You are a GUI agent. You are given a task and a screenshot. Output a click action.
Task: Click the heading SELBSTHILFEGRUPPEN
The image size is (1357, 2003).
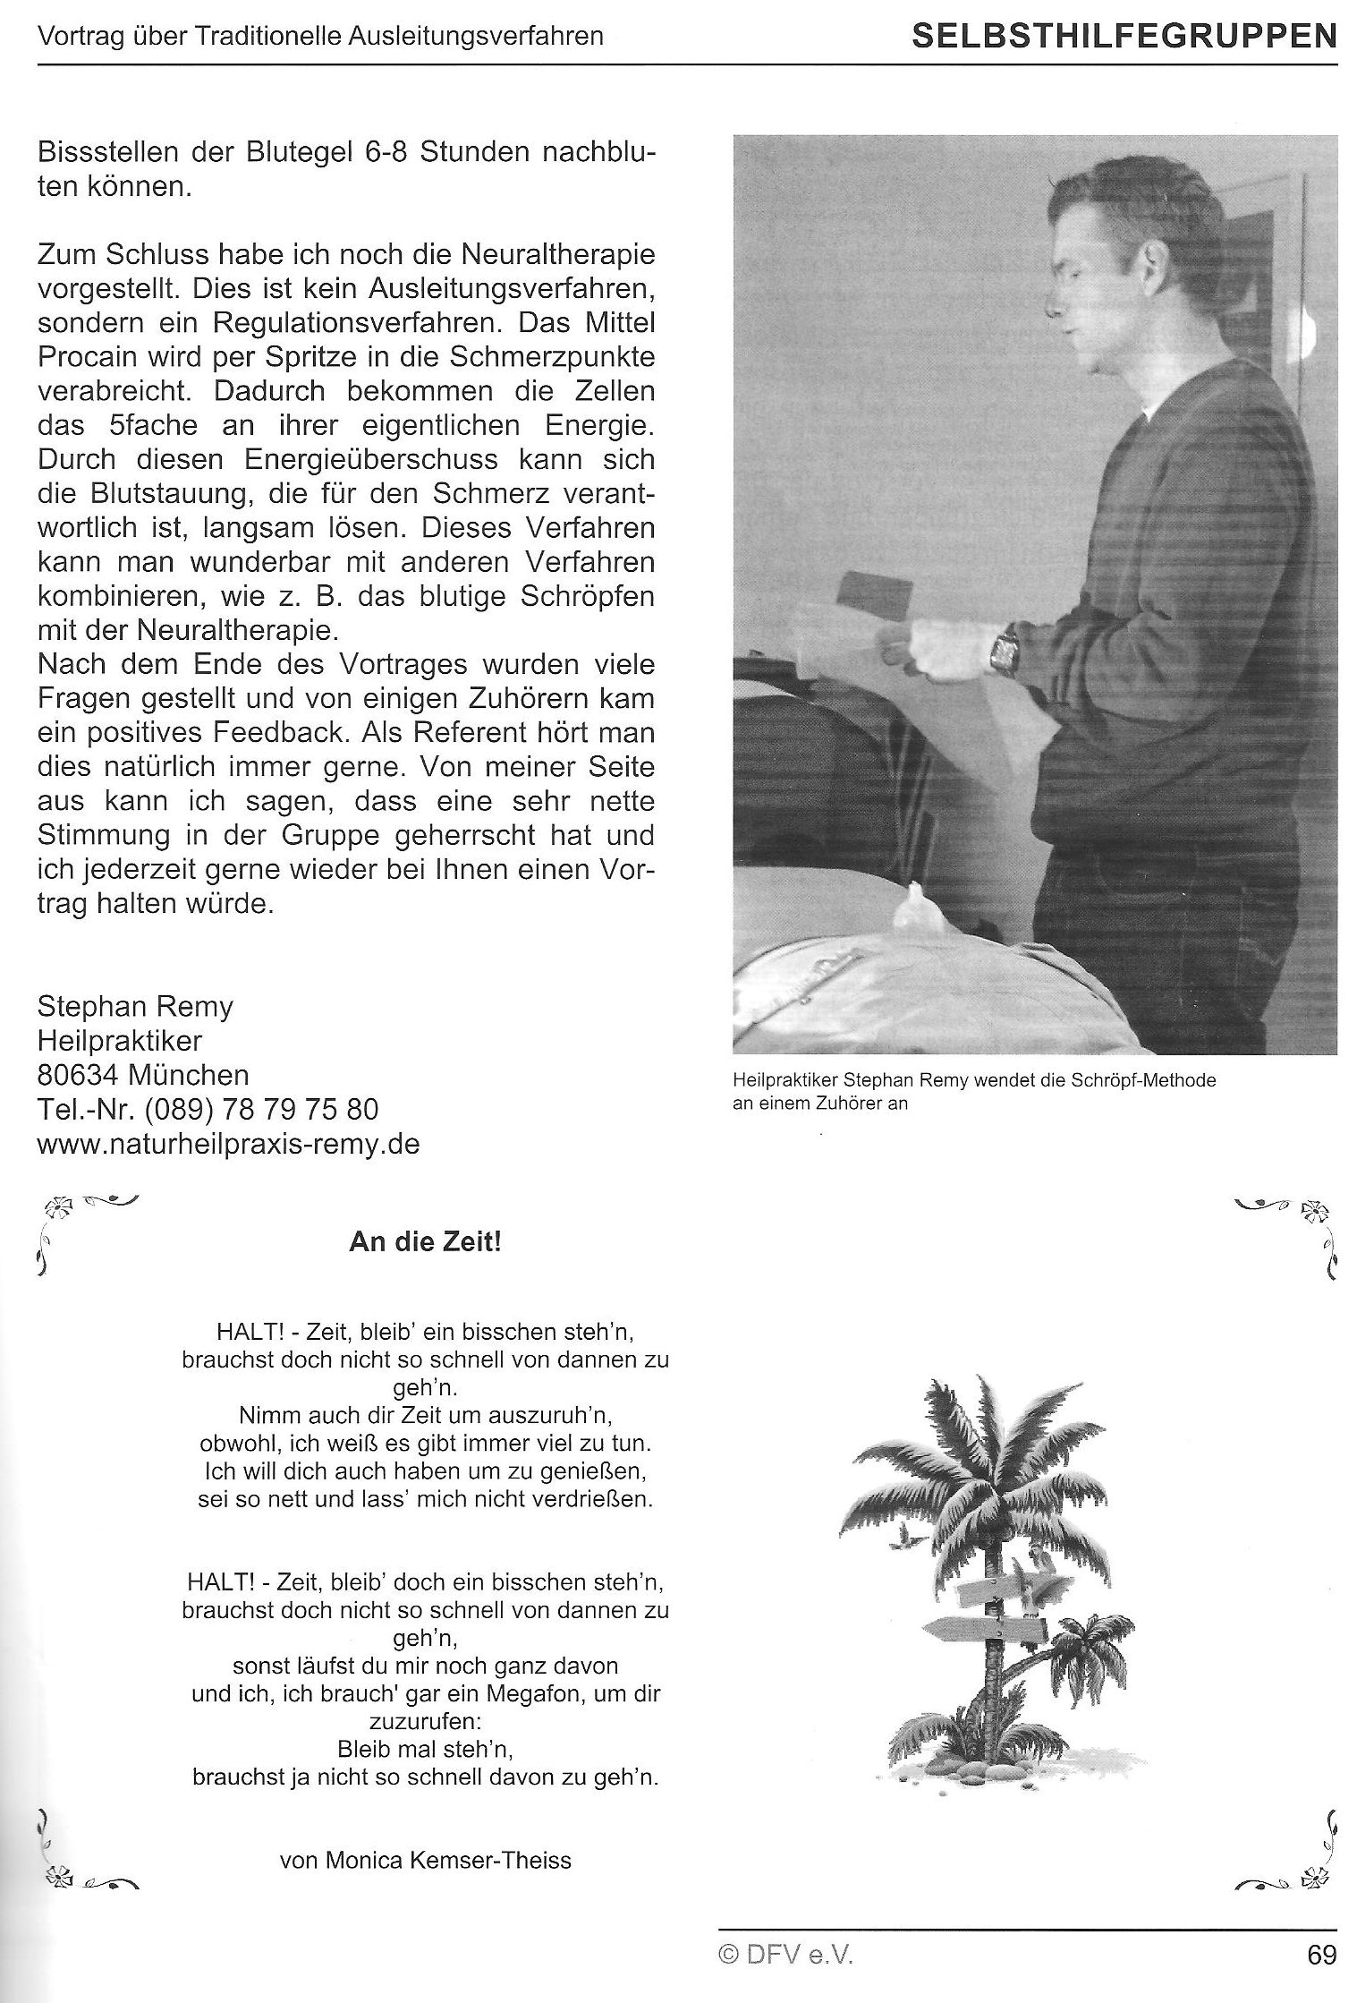(1124, 37)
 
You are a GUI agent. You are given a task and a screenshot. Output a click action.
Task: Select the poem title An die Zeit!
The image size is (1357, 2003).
(425, 1244)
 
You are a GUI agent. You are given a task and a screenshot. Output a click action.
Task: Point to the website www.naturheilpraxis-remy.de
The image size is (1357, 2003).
(228, 1144)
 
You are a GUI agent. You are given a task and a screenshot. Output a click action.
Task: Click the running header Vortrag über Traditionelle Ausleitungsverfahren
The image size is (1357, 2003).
(320, 37)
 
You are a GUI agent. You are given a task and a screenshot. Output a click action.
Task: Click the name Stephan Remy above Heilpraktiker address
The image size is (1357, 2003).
(135, 1007)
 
